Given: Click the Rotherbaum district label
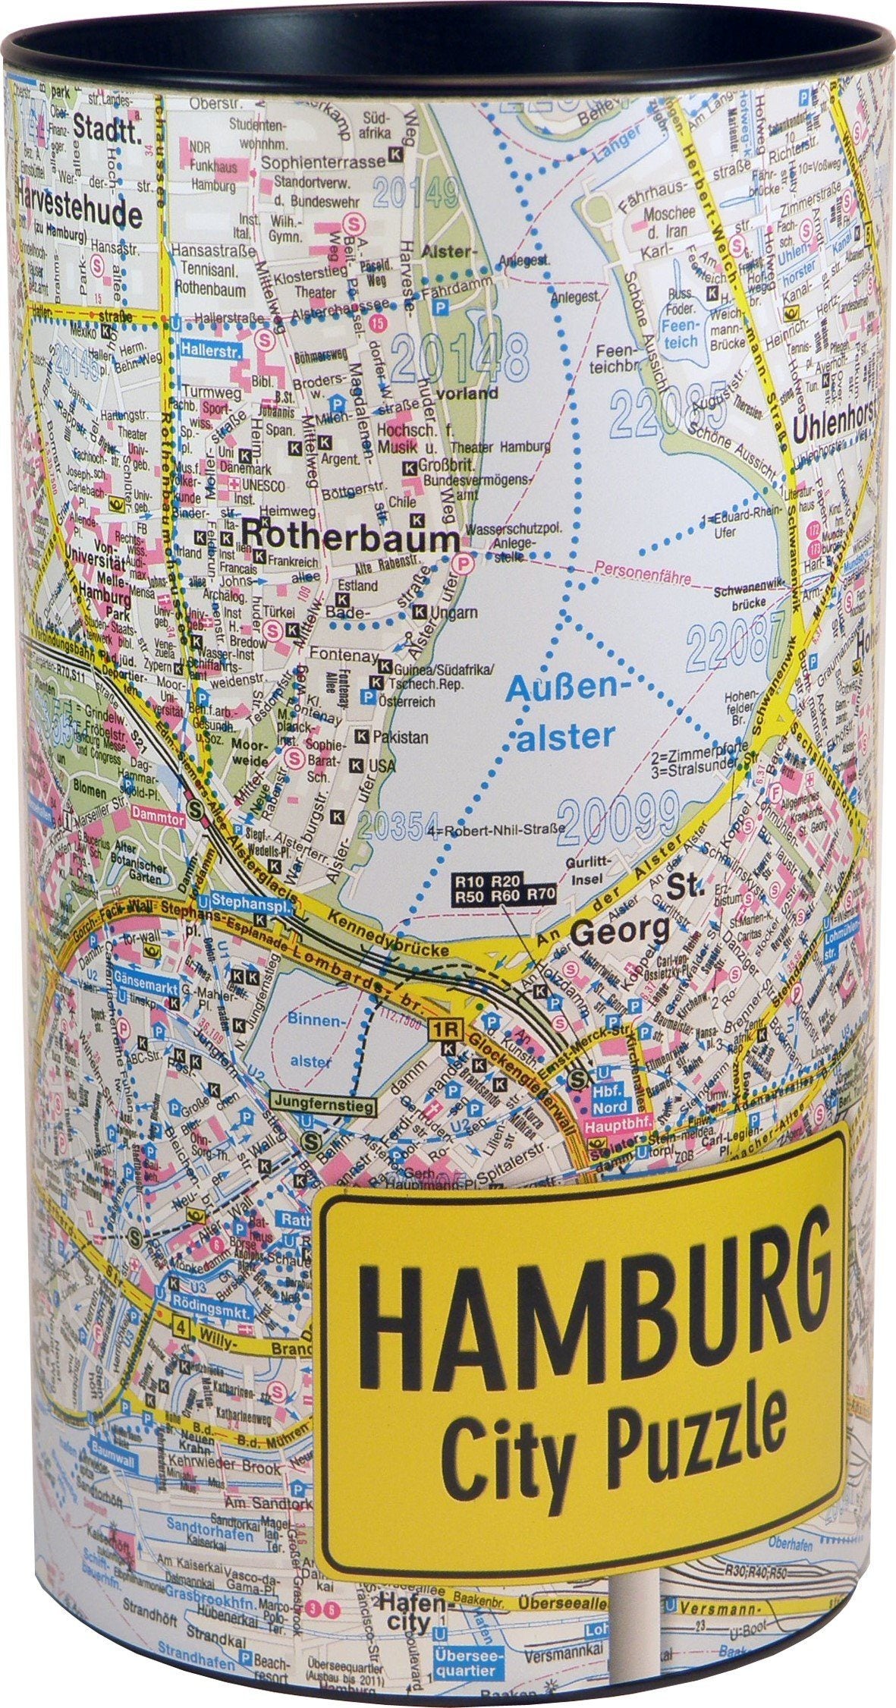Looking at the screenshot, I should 351,539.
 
